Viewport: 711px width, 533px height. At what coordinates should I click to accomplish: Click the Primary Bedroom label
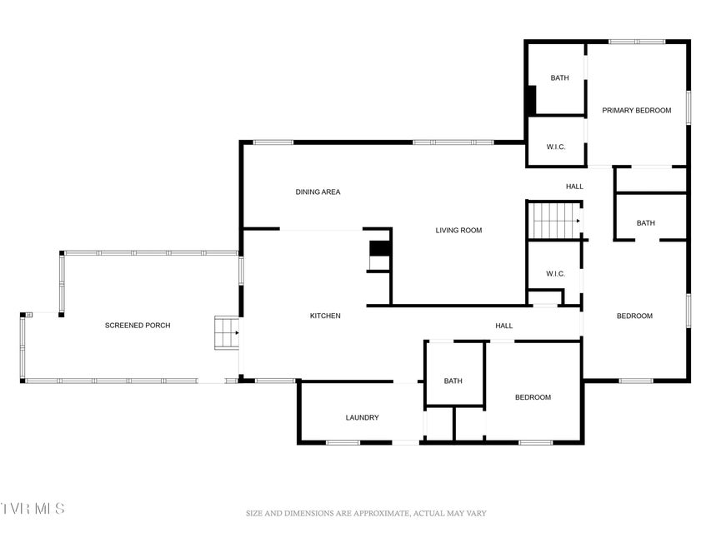pos(636,110)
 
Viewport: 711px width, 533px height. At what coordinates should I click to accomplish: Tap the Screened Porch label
pos(138,325)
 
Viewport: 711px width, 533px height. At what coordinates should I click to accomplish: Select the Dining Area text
pos(318,192)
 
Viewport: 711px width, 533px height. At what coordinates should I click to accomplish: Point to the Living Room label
pos(458,230)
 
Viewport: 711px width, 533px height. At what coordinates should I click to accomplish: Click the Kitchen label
pos(325,316)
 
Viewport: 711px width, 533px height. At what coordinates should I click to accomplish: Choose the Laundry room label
pos(362,417)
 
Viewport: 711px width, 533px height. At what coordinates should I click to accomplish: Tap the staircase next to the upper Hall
pos(556,221)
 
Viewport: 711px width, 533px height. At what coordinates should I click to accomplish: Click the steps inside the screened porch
pos(226,332)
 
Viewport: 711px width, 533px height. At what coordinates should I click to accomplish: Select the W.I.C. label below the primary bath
pos(555,147)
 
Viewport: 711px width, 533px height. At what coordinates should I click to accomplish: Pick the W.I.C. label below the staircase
pos(555,274)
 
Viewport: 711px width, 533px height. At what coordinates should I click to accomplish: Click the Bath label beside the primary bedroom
pos(559,78)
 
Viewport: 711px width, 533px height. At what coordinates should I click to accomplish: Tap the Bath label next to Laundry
pos(453,381)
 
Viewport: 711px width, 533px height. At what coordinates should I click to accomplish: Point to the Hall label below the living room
pos(503,326)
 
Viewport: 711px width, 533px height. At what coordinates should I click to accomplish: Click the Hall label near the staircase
pos(574,187)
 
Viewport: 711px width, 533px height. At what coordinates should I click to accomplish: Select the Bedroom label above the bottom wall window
pos(533,397)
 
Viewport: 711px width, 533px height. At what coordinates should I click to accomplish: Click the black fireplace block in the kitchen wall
pos(380,248)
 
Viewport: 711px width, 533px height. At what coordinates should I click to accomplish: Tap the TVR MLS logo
pos(33,508)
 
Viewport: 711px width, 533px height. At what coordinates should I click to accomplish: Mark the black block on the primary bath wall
pos(531,100)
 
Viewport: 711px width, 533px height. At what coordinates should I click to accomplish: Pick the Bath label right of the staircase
pos(646,223)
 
